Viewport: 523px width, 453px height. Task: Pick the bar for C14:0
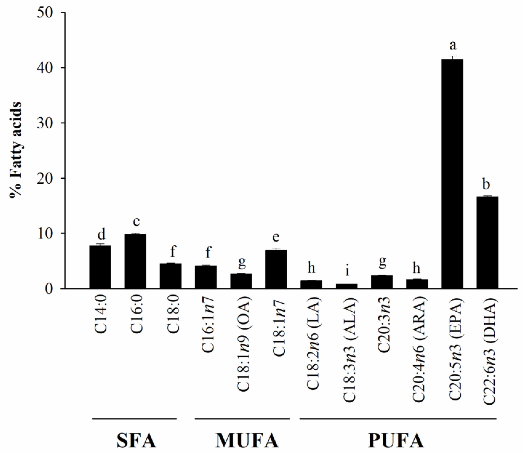click(100, 267)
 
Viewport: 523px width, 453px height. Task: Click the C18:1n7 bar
click(276, 269)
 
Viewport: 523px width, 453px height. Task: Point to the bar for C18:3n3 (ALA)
click(346, 286)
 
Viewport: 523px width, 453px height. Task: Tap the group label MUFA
click(247, 441)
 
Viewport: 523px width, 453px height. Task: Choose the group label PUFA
click(396, 441)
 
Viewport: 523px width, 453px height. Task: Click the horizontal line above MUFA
click(242, 419)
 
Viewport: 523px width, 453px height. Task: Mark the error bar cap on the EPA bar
click(452, 56)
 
